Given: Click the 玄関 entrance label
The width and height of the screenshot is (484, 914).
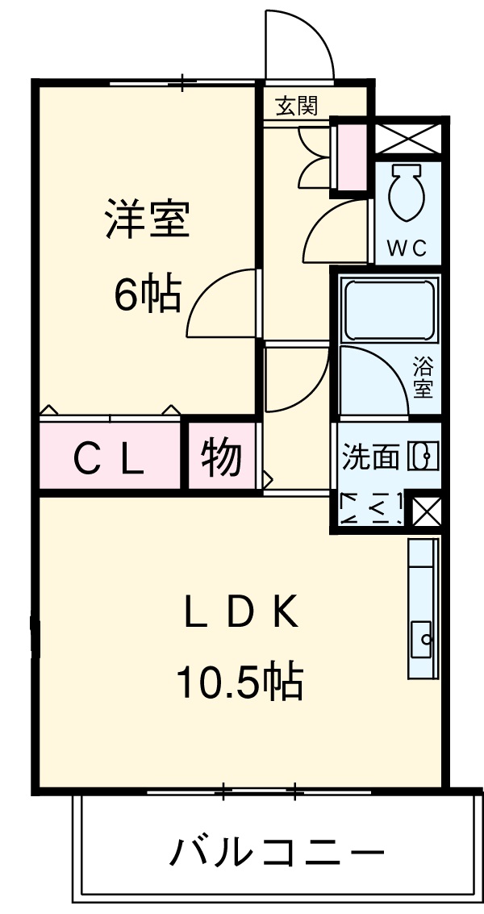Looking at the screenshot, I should tap(296, 106).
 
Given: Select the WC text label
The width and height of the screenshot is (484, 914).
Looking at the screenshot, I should tap(407, 248).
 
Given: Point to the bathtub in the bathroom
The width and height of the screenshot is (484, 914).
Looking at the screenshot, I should tap(389, 310).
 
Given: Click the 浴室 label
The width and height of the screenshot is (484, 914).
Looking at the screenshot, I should tap(423, 378).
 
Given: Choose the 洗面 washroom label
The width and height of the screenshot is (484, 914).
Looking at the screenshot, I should tap(370, 457).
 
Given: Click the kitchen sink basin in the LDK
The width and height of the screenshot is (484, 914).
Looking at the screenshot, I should tap(422, 639).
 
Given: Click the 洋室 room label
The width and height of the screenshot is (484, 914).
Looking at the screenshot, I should tap(147, 219).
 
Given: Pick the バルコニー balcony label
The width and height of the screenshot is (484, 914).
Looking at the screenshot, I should tap(275, 852).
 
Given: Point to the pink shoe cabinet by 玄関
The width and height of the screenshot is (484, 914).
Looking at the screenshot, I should tap(351, 155).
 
